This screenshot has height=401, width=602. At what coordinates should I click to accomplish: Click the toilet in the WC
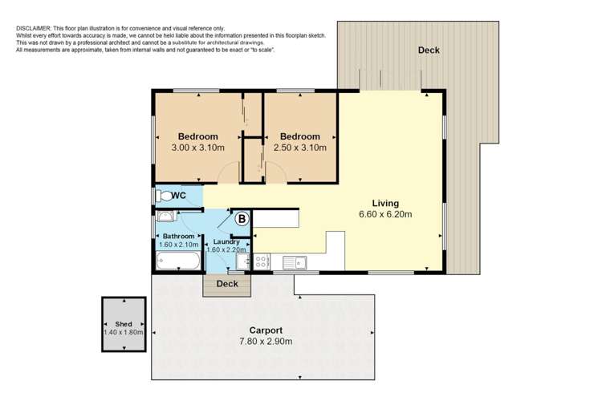pos(164,196)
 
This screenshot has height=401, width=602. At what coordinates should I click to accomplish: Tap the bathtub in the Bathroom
pos(178,261)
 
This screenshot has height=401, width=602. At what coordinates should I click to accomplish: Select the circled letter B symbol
pos(242,219)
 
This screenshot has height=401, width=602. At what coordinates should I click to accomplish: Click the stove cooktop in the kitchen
pos(261,261)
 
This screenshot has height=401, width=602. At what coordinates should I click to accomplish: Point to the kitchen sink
pos(295,263)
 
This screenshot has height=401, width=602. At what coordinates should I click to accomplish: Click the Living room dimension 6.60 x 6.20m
pos(385,214)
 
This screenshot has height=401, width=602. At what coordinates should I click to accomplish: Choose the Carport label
pos(266,330)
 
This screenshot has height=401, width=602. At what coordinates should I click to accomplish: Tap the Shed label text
pos(124,324)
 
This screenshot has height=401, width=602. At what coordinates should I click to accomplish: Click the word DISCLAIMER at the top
pos(34,28)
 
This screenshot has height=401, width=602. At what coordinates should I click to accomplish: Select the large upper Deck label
pos(429,50)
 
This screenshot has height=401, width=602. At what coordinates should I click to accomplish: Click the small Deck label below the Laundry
pos(227,284)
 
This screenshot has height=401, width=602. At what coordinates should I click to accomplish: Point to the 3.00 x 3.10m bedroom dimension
pos(197,148)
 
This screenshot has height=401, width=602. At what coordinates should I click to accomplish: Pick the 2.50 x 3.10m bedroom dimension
pos(300,148)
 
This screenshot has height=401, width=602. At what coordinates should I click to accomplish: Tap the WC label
pos(178,196)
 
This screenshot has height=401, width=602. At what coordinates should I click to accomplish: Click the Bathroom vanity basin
pos(165,217)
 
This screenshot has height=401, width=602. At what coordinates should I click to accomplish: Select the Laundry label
pos(226,241)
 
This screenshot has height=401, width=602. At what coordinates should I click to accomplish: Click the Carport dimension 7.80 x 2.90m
pos(266,341)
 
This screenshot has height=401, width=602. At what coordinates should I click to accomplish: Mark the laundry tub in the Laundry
pos(243,261)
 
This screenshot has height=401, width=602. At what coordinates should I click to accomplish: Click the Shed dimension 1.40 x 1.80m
pos(124,332)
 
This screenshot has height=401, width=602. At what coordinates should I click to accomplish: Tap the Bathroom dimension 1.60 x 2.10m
pos(178,245)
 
